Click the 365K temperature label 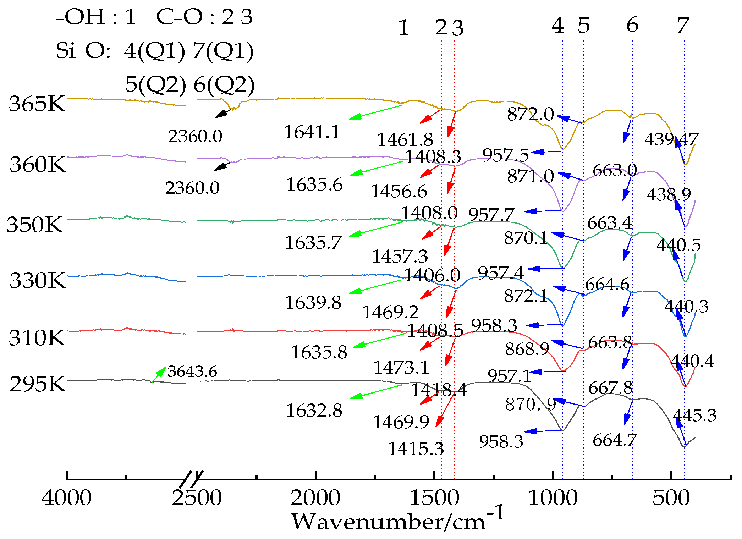(37, 104)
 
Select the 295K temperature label (38, 384)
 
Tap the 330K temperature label (38, 280)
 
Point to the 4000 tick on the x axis (67, 497)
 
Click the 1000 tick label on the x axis (553, 497)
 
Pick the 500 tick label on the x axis (671, 497)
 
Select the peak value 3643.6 (192, 372)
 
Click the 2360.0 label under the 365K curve (195, 136)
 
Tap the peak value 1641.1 (312, 132)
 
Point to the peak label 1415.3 (415, 449)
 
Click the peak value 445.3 (694, 415)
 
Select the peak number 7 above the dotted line (683, 26)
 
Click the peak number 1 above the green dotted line (403, 28)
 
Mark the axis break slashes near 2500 (191, 479)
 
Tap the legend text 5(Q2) (155, 84)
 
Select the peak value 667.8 (610, 388)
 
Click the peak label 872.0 (530, 114)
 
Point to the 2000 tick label (315, 497)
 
